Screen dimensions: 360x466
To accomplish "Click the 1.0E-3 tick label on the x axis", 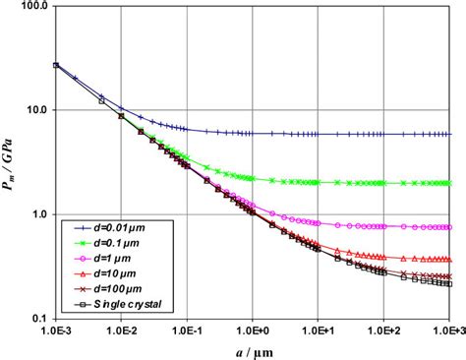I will (57, 331).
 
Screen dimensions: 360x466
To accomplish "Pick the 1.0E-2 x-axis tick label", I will (122, 331).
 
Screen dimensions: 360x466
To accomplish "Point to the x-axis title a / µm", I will (254, 350).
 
